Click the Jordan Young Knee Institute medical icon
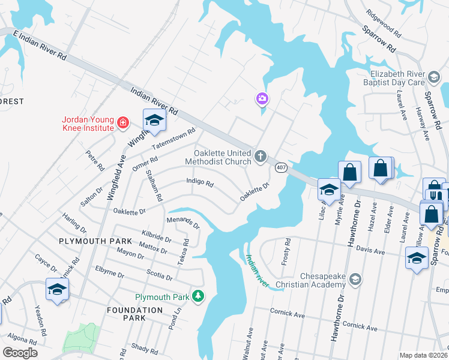[123, 123]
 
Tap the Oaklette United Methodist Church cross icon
[260, 157]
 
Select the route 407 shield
[280, 168]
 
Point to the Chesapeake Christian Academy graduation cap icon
[355, 280]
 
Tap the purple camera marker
[262, 98]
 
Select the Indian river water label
[256, 267]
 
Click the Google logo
[20, 352]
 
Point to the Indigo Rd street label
[200, 182]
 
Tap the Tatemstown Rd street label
[173, 139]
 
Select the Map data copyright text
[423, 355]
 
